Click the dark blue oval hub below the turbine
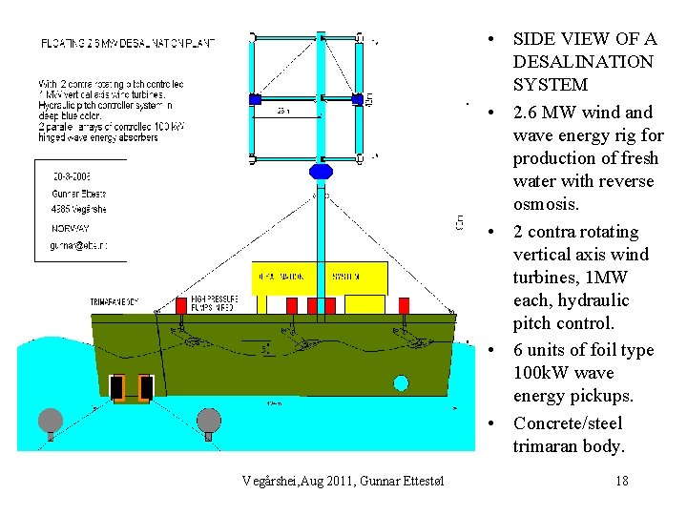click(321, 172)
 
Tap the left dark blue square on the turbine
click(255, 98)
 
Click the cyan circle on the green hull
click(401, 383)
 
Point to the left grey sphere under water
click(51, 420)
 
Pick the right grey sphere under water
click(209, 420)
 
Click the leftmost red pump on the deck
click(181, 305)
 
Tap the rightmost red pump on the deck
click(404, 305)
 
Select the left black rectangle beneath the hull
click(117, 387)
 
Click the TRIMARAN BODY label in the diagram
click(114, 302)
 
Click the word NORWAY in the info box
click(70, 228)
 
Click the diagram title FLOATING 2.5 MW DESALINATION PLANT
click(127, 43)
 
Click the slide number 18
click(622, 480)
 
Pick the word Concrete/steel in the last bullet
click(568, 422)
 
